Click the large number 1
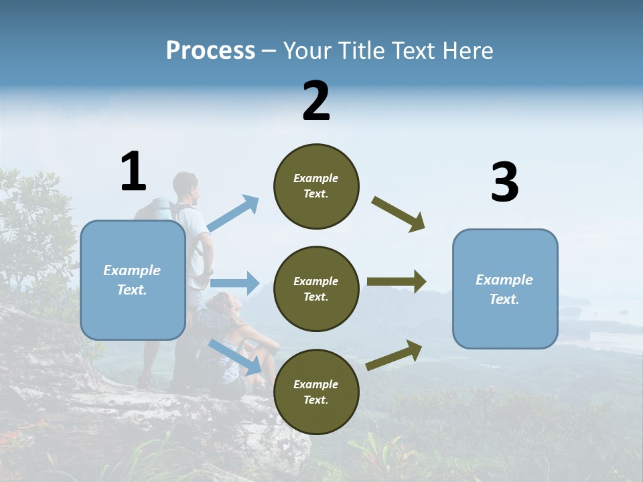133,171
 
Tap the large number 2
316,101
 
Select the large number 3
504,182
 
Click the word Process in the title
210,50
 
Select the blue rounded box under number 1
133,280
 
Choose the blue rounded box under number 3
505,289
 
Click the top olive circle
316,186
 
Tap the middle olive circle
316,289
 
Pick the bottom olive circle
316,392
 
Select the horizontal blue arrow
234,283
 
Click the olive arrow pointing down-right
399,214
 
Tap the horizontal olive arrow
397,281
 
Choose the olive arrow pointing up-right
395,355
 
